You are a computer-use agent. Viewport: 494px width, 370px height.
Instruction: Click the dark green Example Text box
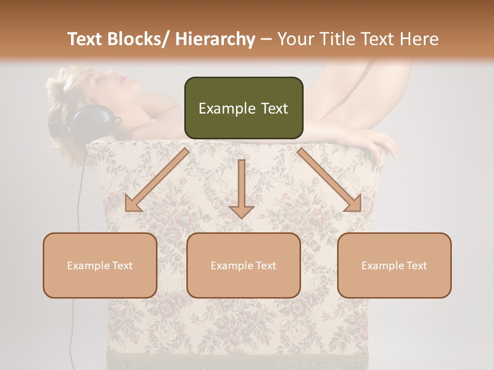pos(243,108)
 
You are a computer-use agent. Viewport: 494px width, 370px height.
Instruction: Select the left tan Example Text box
pos(100,265)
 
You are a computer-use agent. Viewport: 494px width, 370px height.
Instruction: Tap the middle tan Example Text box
pos(243,265)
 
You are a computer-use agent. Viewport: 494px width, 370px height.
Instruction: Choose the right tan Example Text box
pos(394,265)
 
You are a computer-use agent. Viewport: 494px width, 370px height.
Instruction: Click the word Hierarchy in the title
pos(215,40)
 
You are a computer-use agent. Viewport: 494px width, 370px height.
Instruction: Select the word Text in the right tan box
pos(416,266)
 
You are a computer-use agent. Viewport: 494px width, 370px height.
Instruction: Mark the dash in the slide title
pos(266,40)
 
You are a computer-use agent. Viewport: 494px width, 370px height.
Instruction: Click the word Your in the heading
pos(295,40)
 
